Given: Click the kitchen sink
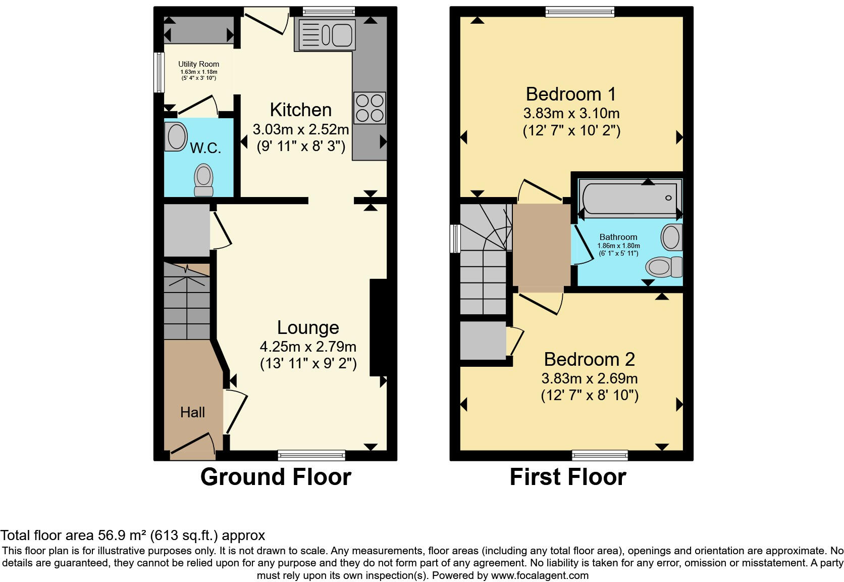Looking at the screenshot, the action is tap(327, 34).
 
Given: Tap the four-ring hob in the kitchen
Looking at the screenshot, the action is tap(370, 108).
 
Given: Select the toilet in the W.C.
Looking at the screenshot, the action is tap(203, 180).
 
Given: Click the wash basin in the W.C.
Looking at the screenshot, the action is tap(176, 136).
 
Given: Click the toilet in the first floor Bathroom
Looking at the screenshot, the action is tap(664, 267).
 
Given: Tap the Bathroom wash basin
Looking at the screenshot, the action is tap(671, 237).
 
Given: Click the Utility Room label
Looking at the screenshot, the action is tap(198, 64).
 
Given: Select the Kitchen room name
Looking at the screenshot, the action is tap(301, 110).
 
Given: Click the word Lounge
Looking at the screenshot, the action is tap(308, 328).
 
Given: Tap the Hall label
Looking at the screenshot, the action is tap(192, 412).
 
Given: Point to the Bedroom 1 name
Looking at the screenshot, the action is tap(571, 94).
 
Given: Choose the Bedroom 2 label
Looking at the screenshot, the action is tap(589, 360).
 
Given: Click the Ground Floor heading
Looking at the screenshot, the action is tap(276, 477).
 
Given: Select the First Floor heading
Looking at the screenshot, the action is tap(568, 477).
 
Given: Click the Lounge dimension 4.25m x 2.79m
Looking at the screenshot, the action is tap(308, 347).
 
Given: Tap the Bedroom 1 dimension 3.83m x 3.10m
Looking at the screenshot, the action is tap(571, 113).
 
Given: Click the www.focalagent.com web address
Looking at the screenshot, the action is tap(540, 575).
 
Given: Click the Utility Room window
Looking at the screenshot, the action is tap(160, 72).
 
